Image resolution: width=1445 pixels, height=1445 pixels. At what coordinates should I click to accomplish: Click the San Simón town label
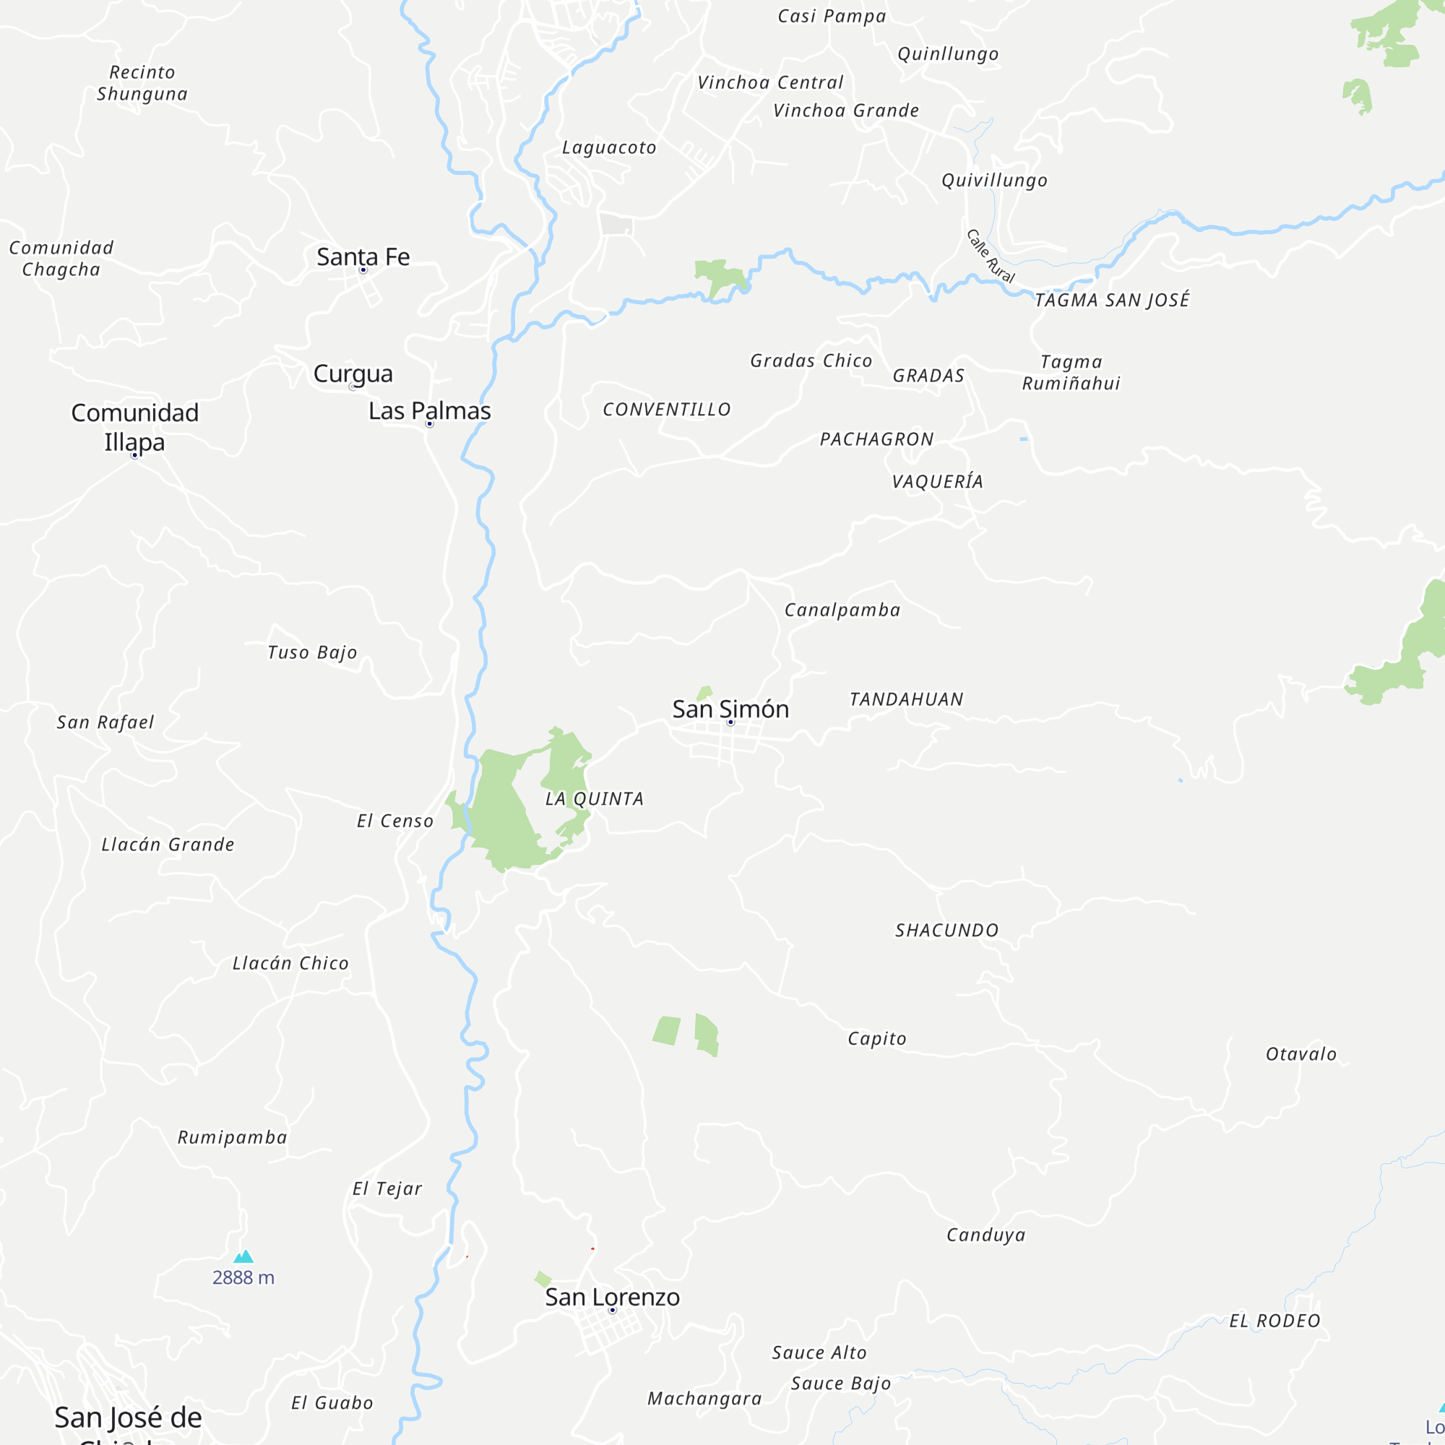pos(730,709)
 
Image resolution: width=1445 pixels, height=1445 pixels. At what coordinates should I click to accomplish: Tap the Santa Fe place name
pos(363,256)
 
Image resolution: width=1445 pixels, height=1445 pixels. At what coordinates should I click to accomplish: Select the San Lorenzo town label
pos(612,1297)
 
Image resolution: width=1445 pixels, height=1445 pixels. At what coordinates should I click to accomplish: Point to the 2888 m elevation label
pos(243,1277)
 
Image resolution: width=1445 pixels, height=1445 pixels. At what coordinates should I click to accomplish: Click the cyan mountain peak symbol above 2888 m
pos(243,1256)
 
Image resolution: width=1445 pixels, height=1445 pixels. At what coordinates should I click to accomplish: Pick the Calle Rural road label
pos(991,256)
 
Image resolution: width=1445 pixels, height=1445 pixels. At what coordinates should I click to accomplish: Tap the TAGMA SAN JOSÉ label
pos(1111,300)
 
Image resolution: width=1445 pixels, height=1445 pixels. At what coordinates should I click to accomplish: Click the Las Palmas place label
pos(429,410)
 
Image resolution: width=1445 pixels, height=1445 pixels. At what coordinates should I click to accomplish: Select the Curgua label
pos(353,374)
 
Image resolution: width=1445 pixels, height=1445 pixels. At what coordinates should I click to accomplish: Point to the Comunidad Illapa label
pos(134,427)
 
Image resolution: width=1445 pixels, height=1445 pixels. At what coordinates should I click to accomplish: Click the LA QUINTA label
pos(594,799)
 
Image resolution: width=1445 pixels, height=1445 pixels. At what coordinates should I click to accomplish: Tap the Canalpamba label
pos(842,611)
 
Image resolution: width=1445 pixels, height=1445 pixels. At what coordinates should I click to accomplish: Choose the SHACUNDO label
pos(947,931)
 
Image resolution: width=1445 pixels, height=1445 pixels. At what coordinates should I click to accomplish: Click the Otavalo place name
pos(1300,1054)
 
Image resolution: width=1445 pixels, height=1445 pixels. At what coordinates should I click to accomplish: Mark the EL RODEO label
pos(1274,1321)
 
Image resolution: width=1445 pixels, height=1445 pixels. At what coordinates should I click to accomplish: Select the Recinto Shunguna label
pos(142,83)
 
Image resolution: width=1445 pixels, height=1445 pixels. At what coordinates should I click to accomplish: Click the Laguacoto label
pos(609,147)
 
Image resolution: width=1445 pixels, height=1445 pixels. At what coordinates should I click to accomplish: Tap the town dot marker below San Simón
pos(730,722)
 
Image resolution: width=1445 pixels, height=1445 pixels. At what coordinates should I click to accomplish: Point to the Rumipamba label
pos(232,1138)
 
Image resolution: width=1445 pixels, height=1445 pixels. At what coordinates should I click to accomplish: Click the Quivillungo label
pos(994,180)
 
